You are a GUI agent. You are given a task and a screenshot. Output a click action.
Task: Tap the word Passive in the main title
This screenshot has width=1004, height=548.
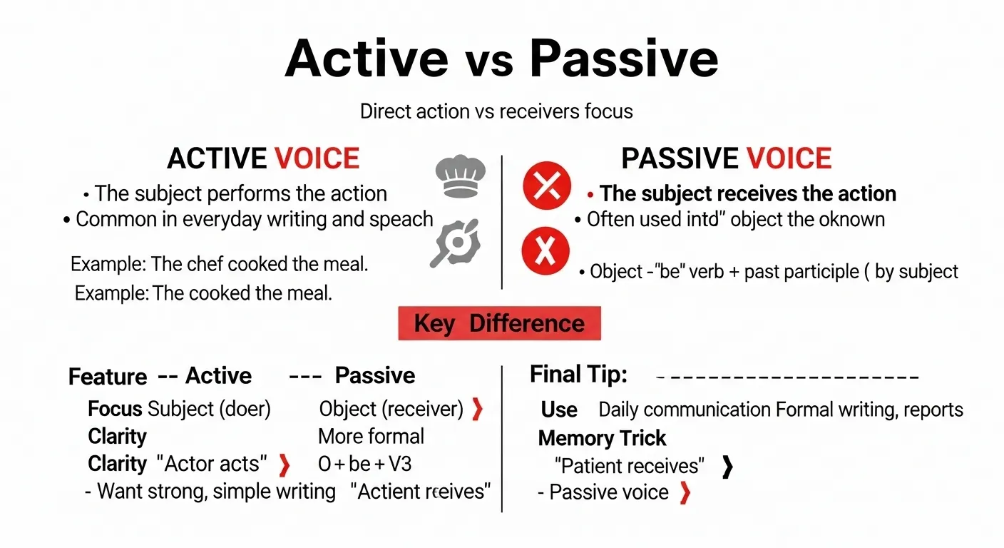point(624,59)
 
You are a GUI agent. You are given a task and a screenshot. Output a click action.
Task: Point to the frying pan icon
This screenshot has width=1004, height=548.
point(457,243)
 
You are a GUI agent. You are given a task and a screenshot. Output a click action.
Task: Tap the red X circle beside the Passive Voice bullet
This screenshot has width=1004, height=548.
point(547,186)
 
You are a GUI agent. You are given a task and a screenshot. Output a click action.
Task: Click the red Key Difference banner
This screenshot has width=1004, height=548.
point(499,323)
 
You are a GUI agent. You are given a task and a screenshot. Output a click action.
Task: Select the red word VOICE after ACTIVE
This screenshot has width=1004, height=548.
point(317,158)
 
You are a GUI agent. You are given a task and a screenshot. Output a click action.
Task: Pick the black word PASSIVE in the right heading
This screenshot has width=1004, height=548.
point(680,158)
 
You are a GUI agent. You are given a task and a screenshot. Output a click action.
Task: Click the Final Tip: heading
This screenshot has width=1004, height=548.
point(578,374)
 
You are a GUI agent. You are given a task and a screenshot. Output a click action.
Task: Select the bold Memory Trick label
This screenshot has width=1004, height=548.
point(602,437)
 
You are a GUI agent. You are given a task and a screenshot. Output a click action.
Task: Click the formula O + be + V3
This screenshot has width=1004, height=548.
point(364,464)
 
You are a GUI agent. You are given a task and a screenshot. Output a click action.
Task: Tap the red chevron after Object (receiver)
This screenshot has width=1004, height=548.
point(477,409)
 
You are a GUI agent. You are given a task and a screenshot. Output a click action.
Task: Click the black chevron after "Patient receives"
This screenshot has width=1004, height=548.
point(727,466)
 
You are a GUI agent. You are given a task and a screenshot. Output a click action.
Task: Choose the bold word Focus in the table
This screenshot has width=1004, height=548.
point(115,409)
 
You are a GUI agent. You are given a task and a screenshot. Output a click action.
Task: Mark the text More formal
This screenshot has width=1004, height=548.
point(371,436)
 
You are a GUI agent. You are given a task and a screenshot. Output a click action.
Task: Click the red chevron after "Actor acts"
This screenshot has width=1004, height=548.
point(284,465)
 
